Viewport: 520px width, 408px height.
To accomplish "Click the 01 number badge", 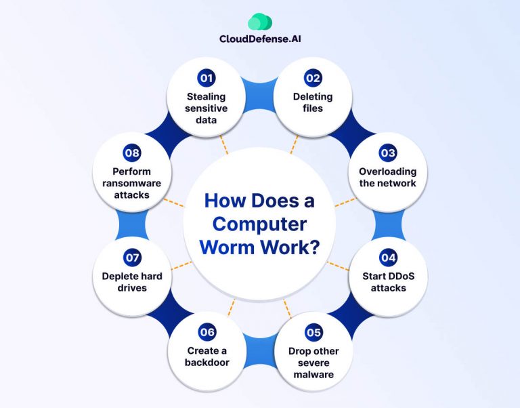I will tap(207, 78).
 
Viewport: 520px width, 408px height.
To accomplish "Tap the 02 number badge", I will tap(313, 78).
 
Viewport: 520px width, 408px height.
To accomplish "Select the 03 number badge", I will tap(387, 152).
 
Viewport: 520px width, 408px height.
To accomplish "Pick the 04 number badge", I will tap(388, 258).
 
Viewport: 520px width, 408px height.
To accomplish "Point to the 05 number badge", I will tap(313, 332).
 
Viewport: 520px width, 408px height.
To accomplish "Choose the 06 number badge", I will tap(207, 332).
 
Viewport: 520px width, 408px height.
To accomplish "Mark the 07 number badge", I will tap(132, 258).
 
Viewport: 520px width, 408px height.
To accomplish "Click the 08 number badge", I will tap(132, 152).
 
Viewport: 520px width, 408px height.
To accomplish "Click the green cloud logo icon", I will tap(260, 22).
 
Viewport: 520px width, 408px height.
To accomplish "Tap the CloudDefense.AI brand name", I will tap(260, 39).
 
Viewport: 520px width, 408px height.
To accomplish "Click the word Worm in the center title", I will tap(225, 247).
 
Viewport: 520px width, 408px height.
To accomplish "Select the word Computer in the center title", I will tap(259, 224).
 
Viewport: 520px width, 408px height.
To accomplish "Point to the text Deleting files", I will tap(313, 102).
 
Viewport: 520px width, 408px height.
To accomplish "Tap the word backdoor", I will tap(207, 362).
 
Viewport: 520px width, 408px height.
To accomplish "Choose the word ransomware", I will tap(132, 183).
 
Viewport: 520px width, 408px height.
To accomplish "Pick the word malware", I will tap(313, 374).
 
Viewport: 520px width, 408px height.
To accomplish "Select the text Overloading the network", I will tap(387, 177).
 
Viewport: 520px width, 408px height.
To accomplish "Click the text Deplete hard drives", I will tap(132, 282).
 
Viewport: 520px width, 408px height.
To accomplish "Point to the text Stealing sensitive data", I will tap(207, 108).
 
